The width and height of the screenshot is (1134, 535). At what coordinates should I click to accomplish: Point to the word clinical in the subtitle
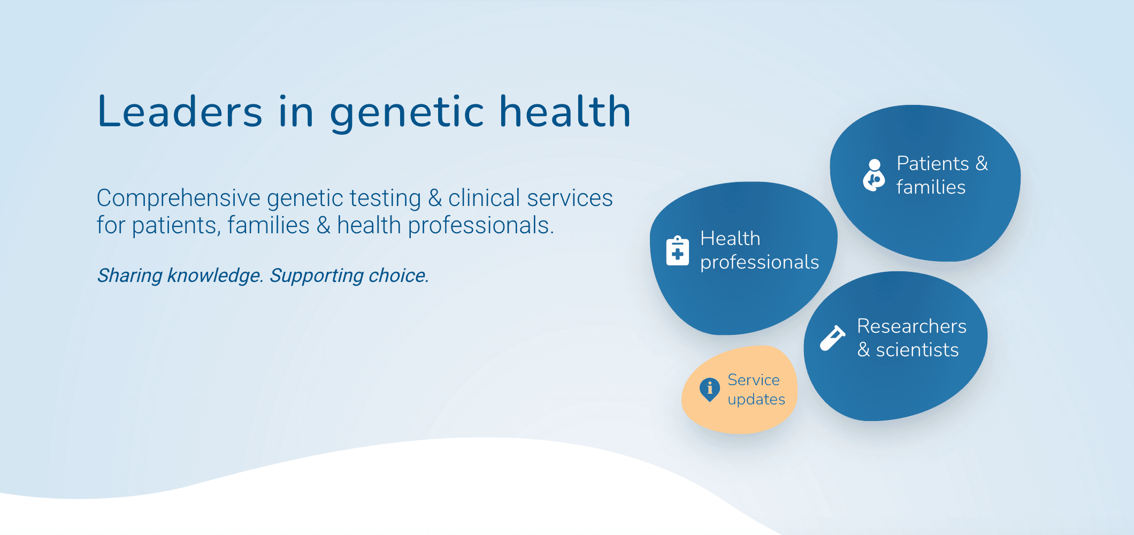click(x=491, y=198)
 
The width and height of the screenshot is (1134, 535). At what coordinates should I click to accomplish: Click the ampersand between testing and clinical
click(x=434, y=198)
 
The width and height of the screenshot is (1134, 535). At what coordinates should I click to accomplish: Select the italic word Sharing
click(x=129, y=276)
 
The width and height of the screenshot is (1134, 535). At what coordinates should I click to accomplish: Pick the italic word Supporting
click(x=316, y=276)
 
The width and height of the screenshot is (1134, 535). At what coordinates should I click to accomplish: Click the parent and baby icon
click(x=874, y=175)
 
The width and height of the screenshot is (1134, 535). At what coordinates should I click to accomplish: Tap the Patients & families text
click(x=941, y=175)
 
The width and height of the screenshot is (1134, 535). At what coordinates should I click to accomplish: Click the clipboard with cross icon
click(x=677, y=250)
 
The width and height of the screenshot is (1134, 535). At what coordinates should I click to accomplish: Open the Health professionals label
click(x=758, y=250)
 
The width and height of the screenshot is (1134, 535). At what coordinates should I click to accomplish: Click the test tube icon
click(x=832, y=338)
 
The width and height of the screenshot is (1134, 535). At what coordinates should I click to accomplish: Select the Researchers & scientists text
click(x=911, y=338)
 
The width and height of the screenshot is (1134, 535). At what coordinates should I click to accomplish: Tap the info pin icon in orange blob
click(x=709, y=389)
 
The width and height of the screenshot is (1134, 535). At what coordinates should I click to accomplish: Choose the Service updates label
click(x=755, y=389)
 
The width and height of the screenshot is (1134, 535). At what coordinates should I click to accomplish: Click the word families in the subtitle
click(x=268, y=226)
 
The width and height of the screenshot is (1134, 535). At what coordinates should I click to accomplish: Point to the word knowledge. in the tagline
click(x=214, y=276)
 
